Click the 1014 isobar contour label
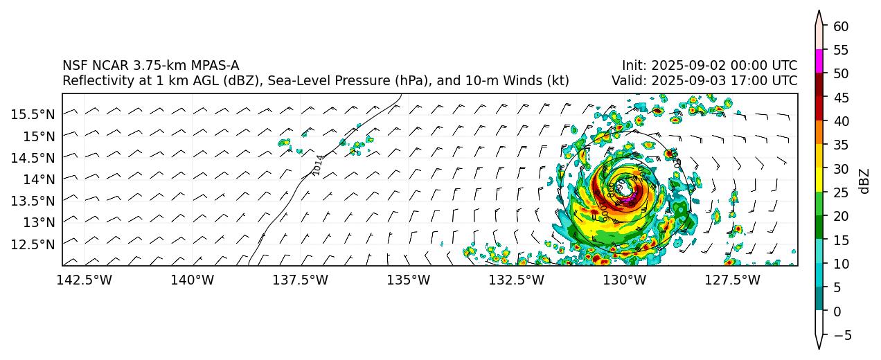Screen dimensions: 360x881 [317, 165]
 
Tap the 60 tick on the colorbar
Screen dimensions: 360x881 [841, 26]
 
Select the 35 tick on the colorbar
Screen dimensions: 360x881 [841, 145]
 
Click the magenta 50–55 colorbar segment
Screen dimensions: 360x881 [819, 61]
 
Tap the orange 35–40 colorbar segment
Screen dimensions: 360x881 [819, 133]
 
